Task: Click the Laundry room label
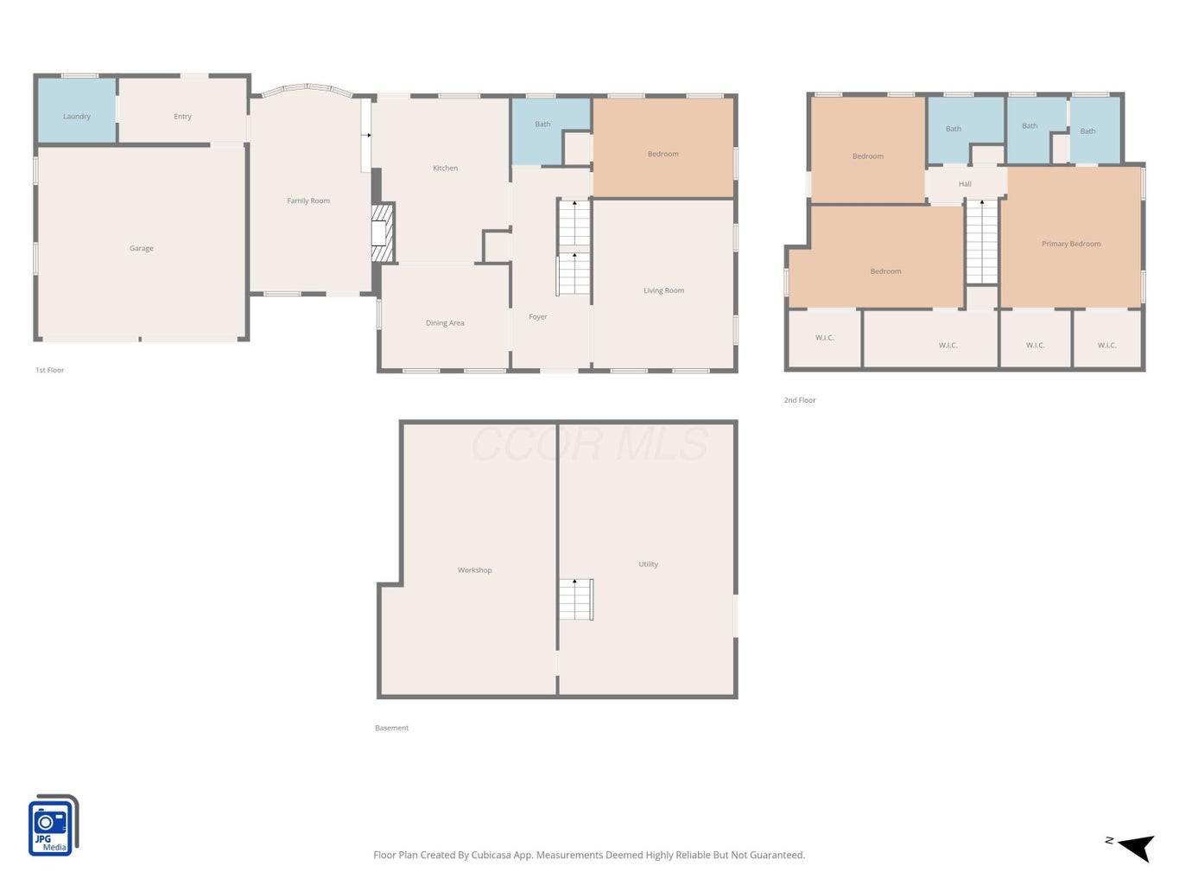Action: (76, 116)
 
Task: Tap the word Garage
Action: (142, 248)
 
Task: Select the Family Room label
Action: (308, 201)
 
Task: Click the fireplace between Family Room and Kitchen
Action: (383, 232)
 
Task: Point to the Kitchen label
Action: (446, 169)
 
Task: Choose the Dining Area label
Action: (445, 323)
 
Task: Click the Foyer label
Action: (537, 317)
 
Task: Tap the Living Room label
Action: (664, 290)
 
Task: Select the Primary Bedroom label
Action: (1071, 244)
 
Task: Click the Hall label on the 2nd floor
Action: (965, 184)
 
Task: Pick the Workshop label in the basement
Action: (475, 570)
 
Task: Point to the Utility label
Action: (649, 564)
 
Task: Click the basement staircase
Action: (576, 600)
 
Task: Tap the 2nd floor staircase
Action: (982, 242)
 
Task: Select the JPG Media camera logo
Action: (54, 825)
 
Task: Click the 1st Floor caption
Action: (49, 370)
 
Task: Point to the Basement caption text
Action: (391, 728)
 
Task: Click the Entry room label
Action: (182, 117)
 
